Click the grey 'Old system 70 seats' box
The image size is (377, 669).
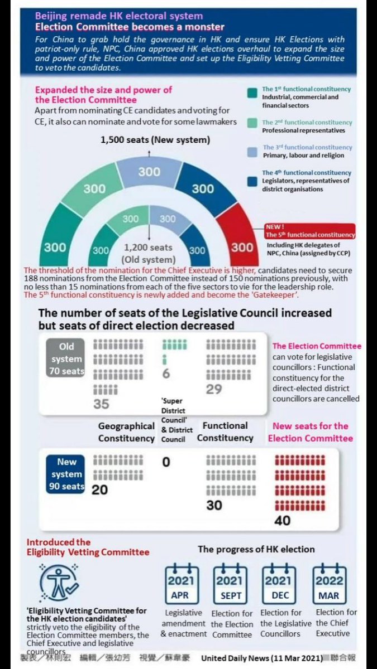pos(66,359)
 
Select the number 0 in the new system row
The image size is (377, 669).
pos(166,462)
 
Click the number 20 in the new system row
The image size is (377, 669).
pos(100,490)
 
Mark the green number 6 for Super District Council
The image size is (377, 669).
pos(166,374)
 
